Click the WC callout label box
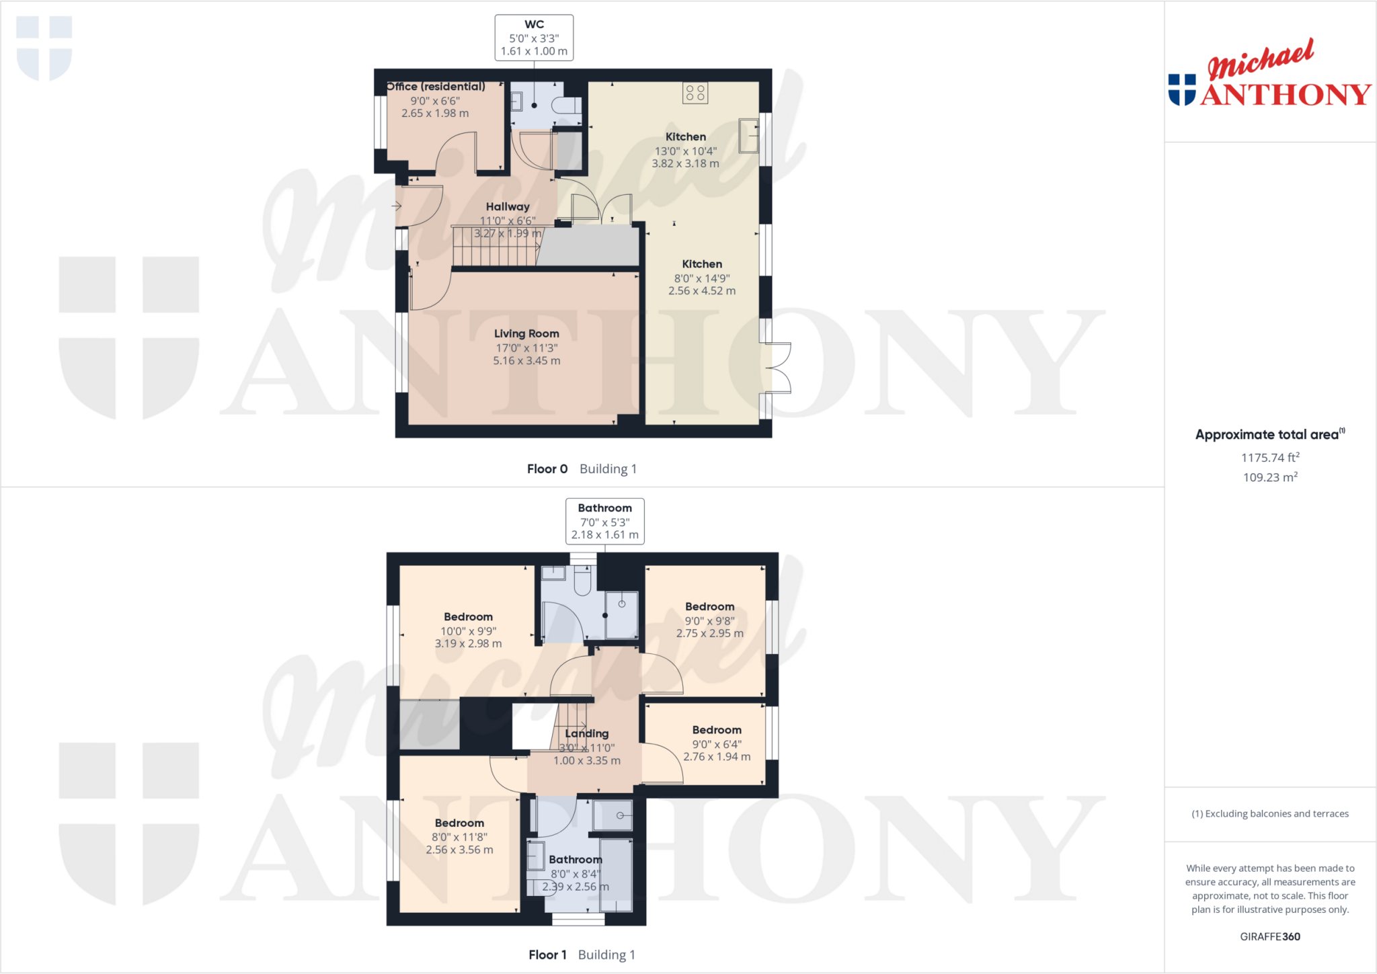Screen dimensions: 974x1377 (x=534, y=38)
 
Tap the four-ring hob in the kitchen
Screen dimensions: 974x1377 (x=695, y=93)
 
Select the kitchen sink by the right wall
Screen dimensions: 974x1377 (x=748, y=135)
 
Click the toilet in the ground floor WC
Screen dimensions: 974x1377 (x=566, y=105)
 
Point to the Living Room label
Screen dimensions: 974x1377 (x=526, y=333)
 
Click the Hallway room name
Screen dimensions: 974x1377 (x=508, y=206)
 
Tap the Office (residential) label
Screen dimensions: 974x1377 (x=436, y=87)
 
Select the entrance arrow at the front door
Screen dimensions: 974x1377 (x=397, y=206)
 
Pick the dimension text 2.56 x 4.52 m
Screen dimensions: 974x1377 (x=702, y=291)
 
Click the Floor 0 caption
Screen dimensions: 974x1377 (x=547, y=469)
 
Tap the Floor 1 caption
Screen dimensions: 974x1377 (x=547, y=955)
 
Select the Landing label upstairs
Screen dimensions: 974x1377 (x=587, y=733)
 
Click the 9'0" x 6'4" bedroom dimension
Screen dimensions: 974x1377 (x=717, y=744)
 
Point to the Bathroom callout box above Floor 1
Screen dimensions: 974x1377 (x=604, y=521)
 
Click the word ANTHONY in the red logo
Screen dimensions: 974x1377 (x=1286, y=95)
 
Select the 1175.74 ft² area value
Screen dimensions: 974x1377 (x=1269, y=458)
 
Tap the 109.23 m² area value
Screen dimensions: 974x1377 (x=1269, y=477)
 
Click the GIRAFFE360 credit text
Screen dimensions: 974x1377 (x=1269, y=936)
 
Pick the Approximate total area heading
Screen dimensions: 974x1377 (x=1267, y=435)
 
